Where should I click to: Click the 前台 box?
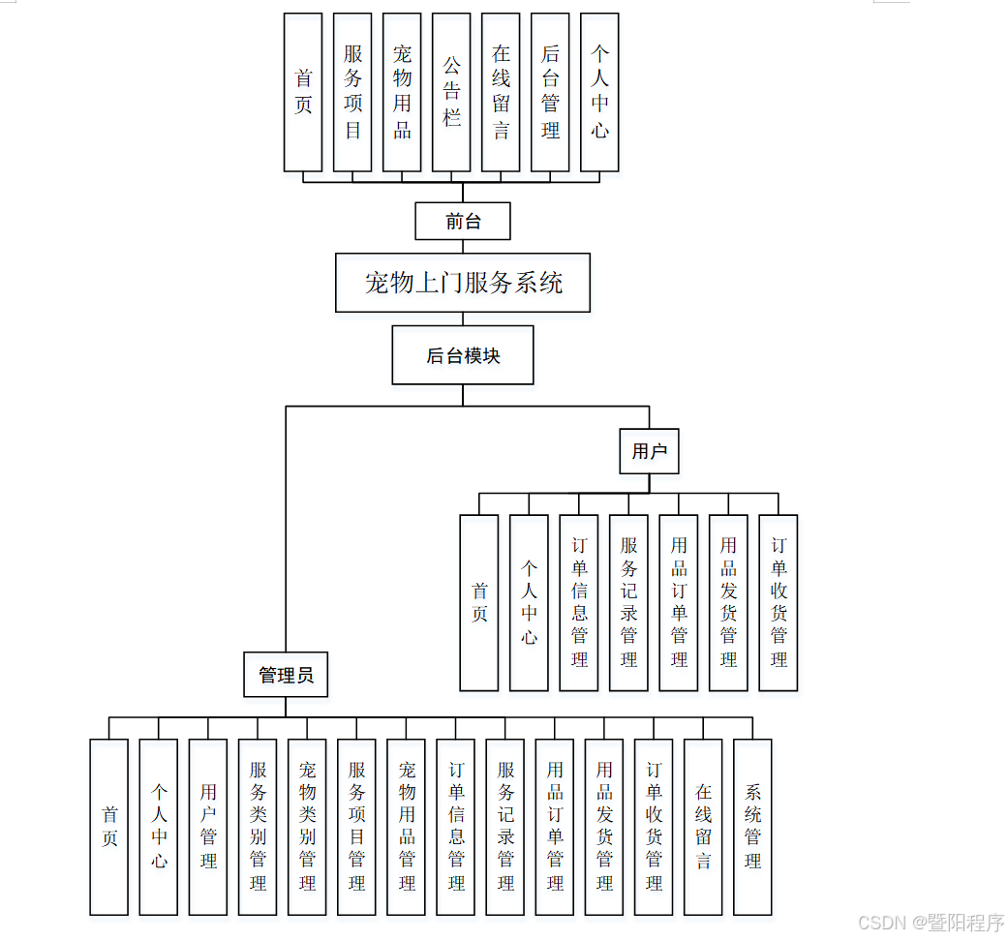pyautogui.click(x=463, y=221)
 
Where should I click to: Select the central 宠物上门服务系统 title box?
pyautogui.click(x=463, y=283)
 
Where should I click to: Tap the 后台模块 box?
pyautogui.click(x=463, y=355)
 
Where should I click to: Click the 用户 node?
pyautogui.click(x=649, y=451)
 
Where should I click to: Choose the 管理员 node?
pyautogui.click(x=286, y=675)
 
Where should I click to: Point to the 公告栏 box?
pyautogui.click(x=451, y=92)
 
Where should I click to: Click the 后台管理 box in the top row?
pyautogui.click(x=550, y=92)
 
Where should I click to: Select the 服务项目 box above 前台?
pyautogui.click(x=352, y=92)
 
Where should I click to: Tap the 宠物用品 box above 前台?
pyautogui.click(x=402, y=92)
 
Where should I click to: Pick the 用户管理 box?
pyautogui.click(x=208, y=827)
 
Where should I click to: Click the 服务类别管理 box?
pyautogui.click(x=258, y=827)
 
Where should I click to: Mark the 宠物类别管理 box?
pyautogui.click(x=307, y=827)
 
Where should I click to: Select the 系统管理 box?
pyautogui.click(x=752, y=827)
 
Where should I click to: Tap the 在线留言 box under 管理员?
pyautogui.click(x=703, y=827)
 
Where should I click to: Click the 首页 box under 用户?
pyautogui.click(x=479, y=602)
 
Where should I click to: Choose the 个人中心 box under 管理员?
pyautogui.click(x=159, y=827)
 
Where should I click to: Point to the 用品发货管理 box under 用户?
pyautogui.click(x=728, y=602)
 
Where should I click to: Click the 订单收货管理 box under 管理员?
pyautogui.click(x=654, y=827)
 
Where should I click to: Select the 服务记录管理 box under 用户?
pyautogui.click(x=628, y=602)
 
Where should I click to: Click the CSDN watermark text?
pyautogui.click(x=931, y=923)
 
